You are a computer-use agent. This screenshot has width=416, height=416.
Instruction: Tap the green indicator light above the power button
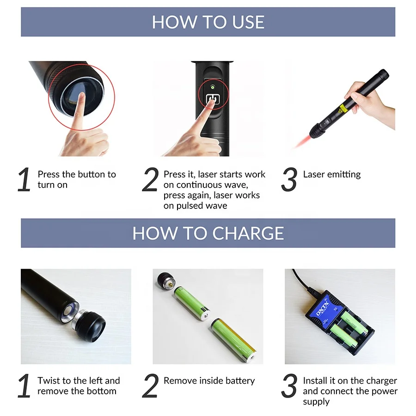coord(212,87)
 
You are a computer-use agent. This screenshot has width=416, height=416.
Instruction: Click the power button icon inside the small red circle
coord(213,99)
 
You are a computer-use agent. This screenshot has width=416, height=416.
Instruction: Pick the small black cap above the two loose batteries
coord(166,281)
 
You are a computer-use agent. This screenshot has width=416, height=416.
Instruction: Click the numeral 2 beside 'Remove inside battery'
coord(150,386)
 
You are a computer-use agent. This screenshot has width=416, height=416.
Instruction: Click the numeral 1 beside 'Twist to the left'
coord(24,386)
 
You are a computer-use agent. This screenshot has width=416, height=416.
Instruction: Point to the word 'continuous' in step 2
coord(194,185)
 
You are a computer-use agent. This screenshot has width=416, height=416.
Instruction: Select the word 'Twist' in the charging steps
coord(49,381)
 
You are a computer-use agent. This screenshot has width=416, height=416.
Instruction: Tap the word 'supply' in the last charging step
coord(317,402)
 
